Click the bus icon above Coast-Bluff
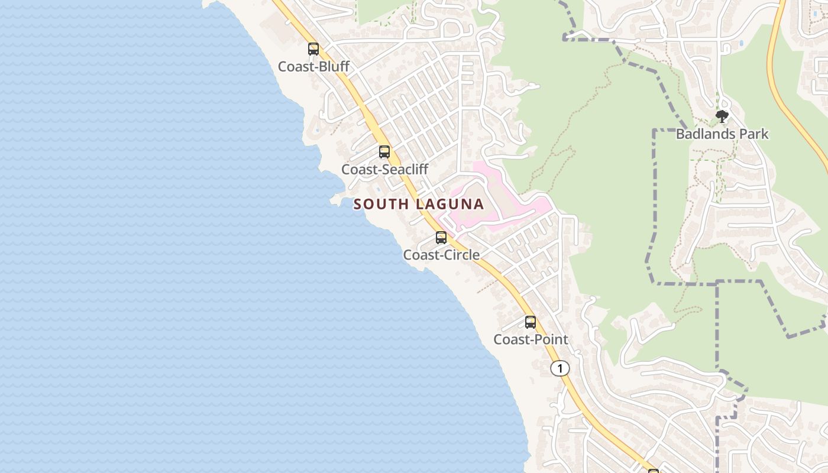(313, 49)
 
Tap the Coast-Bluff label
(313, 66)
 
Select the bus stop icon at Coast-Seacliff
(384, 152)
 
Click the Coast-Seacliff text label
(384, 169)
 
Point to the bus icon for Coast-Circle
(441, 238)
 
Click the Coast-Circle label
(441, 255)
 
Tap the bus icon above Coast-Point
(531, 322)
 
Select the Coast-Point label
(531, 339)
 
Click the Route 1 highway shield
(559, 368)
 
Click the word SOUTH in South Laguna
(381, 205)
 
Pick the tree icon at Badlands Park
(722, 116)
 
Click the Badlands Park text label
(722, 134)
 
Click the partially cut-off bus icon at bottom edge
(654, 471)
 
